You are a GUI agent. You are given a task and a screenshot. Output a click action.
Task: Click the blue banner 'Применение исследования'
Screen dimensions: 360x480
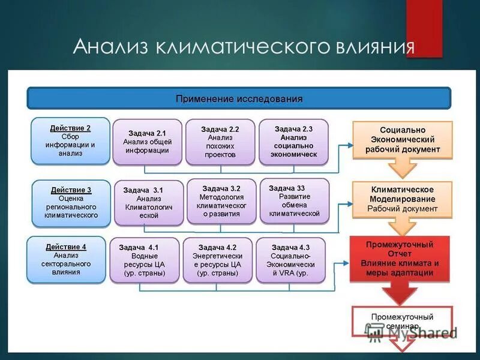[x=239, y=98]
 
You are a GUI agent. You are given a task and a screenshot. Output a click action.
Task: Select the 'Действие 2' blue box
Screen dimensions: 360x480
[x=70, y=141]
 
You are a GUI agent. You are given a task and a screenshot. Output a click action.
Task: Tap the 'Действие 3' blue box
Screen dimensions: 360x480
[x=71, y=202]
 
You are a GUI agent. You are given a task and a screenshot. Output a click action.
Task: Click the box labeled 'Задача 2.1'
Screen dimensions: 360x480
[x=146, y=142]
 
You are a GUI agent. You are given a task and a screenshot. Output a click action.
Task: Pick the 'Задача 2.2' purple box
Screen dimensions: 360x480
[x=220, y=142]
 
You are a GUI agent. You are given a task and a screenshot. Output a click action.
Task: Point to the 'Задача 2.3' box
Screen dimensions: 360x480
[x=293, y=142]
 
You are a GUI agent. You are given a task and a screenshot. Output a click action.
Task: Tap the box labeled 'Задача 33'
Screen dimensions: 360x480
[x=294, y=200]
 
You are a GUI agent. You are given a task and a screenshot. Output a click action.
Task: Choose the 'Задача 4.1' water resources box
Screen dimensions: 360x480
[x=144, y=260]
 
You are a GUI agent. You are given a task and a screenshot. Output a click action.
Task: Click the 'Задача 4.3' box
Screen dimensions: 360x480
[x=290, y=260]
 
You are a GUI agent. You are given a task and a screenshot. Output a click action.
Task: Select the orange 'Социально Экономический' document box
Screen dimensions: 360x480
[x=402, y=140]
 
